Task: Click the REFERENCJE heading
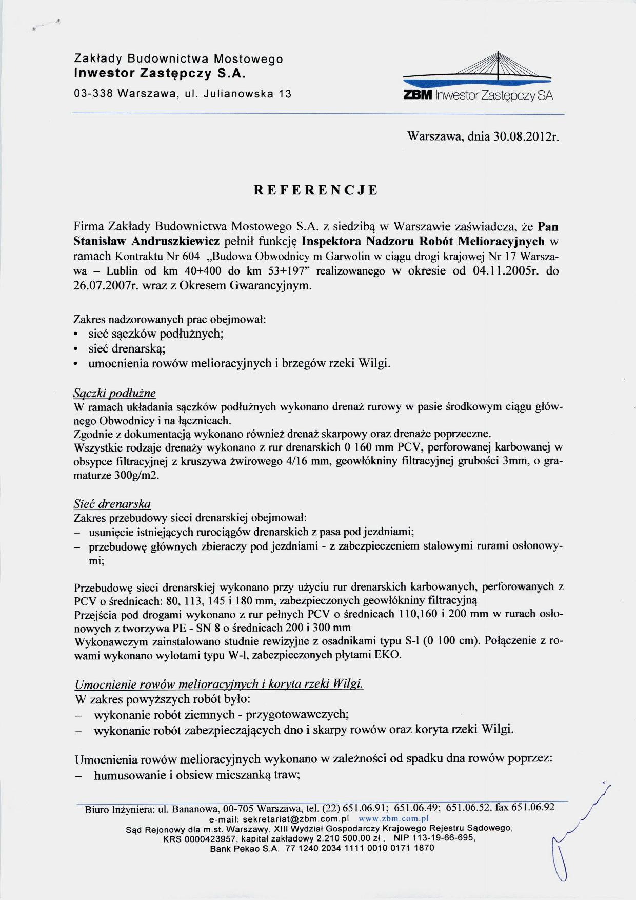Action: click(x=316, y=190)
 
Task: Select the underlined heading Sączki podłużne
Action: click(x=115, y=394)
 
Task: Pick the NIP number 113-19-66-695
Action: click(x=443, y=838)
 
